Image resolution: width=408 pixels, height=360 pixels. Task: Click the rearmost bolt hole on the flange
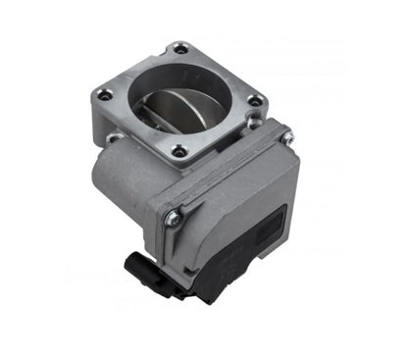click(179, 47)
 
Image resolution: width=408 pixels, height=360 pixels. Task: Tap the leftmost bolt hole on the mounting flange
click(104, 95)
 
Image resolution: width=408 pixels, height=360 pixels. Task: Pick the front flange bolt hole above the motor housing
click(178, 151)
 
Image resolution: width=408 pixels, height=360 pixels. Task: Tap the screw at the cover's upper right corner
click(286, 138)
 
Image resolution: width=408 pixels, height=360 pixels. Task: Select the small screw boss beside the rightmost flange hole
click(253, 122)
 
